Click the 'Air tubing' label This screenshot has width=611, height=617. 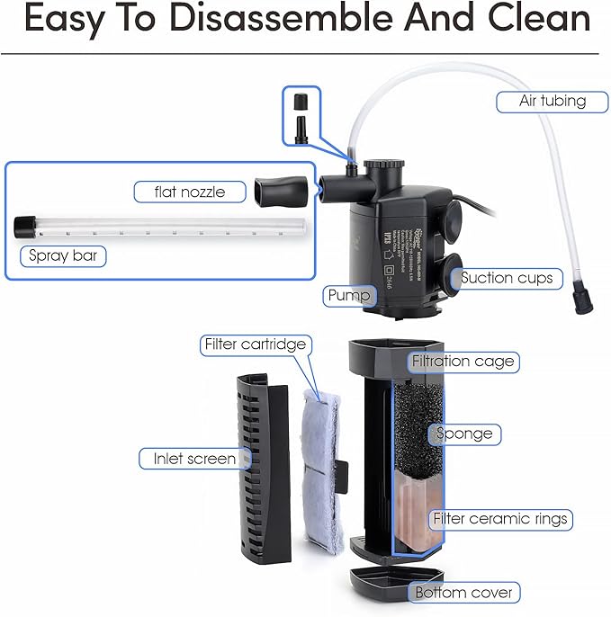pyautogui.click(x=552, y=101)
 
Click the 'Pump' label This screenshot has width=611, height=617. pyautogui.click(x=348, y=295)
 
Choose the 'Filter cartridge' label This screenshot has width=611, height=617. pyautogui.click(x=255, y=344)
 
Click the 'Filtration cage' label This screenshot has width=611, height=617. pyautogui.click(x=463, y=362)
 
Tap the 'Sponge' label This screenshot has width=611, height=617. pyautogui.click(x=464, y=434)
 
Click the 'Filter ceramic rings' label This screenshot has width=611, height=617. pyautogui.click(x=500, y=519)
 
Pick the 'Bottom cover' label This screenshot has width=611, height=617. pyautogui.click(x=463, y=592)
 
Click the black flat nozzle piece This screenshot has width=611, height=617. pyautogui.click(x=278, y=190)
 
